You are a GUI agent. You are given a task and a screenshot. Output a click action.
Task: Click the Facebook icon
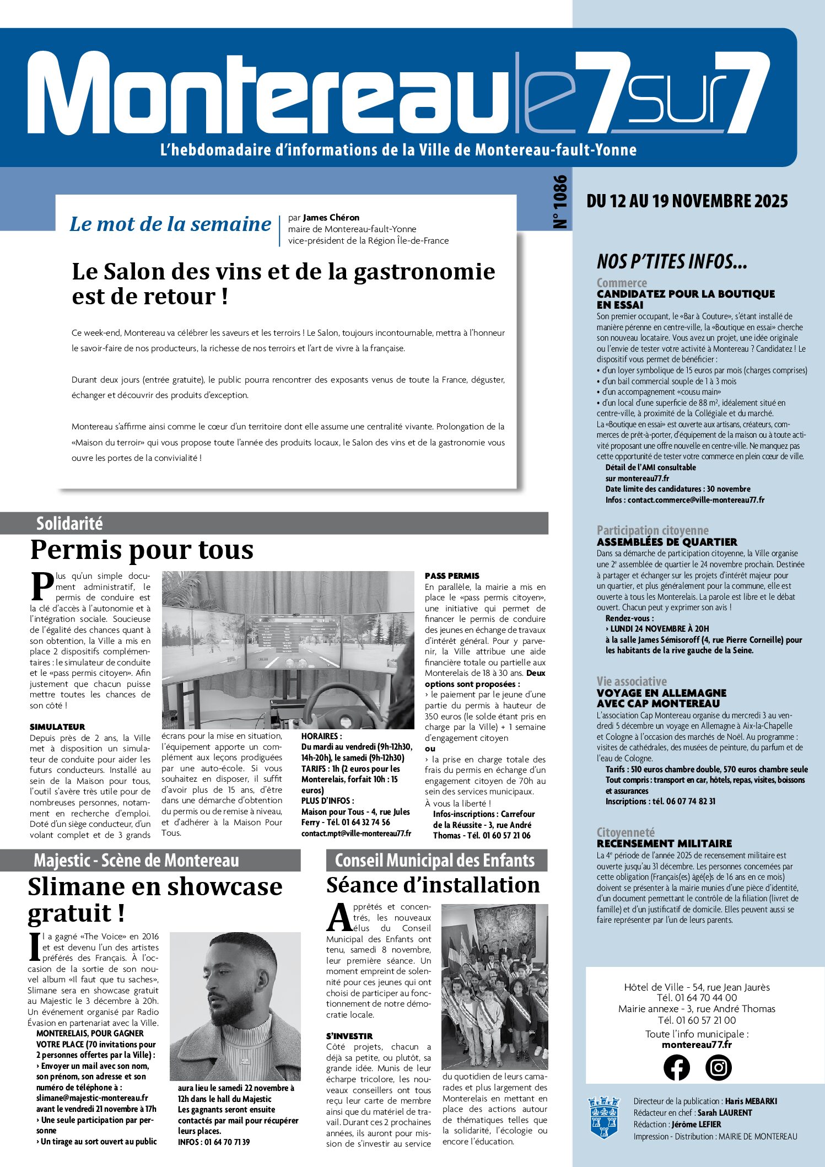coord(676,1067)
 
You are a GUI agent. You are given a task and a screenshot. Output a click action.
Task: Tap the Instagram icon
coord(719,1067)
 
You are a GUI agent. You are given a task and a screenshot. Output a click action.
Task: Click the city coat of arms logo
coord(603,1117)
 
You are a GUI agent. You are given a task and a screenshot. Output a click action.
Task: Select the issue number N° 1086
coord(559,202)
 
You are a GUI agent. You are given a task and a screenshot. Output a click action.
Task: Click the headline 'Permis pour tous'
coord(142,550)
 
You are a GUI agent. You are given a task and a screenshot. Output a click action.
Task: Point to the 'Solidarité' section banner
coord(69,523)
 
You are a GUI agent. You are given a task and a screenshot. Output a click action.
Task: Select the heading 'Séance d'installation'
coord(433,885)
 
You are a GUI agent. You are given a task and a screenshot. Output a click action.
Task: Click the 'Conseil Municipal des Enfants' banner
coord(435,861)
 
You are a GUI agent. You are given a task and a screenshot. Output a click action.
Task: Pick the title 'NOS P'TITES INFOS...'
coord(672,261)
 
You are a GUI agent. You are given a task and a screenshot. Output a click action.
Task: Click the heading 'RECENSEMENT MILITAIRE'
coord(664,843)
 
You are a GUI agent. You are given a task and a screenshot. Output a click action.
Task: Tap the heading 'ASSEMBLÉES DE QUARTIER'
coord(667,542)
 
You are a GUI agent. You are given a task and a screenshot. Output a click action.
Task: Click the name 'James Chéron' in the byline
coord(331,218)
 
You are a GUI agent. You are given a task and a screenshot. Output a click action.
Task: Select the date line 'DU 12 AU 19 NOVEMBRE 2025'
coord(687,201)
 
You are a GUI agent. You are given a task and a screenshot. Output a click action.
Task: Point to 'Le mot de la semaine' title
coord(170,224)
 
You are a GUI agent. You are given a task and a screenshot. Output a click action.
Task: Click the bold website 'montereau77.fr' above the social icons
coord(697,1045)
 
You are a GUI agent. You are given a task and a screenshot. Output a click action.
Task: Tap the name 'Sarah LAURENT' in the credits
coord(724,1112)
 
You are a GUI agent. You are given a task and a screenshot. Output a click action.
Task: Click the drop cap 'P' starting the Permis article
coord(42,587)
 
